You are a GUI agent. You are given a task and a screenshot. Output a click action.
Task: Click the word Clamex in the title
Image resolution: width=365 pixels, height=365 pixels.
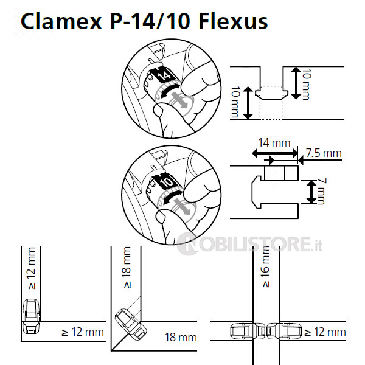click(x=61, y=21)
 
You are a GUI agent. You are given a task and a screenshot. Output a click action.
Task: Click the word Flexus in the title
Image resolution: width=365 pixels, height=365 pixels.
click(x=233, y=21)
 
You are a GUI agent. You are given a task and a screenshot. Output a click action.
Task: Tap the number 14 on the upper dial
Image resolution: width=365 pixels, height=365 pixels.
click(x=165, y=76)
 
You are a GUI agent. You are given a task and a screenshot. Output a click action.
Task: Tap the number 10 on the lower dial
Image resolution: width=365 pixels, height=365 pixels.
click(x=167, y=182)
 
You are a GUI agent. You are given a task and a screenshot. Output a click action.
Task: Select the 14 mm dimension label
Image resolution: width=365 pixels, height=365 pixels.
click(x=274, y=142)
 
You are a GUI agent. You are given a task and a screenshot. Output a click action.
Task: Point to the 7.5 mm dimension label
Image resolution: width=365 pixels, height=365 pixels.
click(x=324, y=153)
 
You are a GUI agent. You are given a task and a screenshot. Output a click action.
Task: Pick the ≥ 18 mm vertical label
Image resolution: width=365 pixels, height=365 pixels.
click(x=127, y=267)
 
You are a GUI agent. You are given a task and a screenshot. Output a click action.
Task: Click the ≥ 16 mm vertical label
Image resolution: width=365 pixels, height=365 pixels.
click(x=266, y=267)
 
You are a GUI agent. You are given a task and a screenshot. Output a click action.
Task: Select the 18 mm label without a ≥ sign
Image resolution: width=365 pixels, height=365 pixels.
click(x=181, y=337)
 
